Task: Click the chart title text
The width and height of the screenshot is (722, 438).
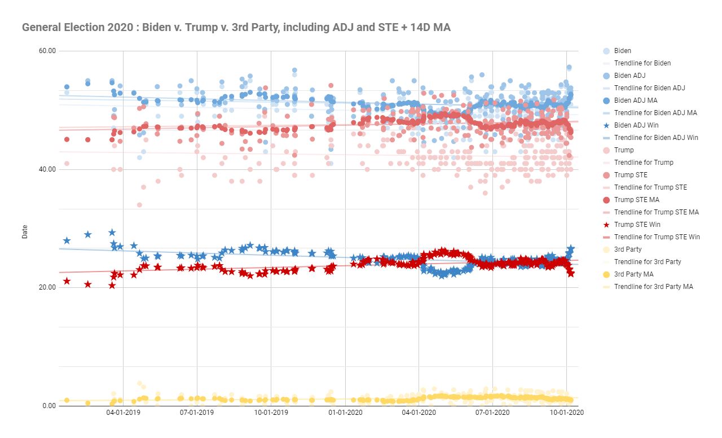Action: click(236, 27)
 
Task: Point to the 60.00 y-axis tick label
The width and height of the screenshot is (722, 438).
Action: click(47, 51)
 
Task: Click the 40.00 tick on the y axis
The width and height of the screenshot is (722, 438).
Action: click(47, 169)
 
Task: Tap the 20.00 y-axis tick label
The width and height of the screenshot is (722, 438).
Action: click(47, 287)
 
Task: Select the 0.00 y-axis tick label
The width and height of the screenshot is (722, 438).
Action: click(49, 406)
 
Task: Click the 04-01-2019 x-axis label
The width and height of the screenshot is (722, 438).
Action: click(123, 413)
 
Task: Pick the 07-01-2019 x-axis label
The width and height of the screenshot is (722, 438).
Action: click(197, 413)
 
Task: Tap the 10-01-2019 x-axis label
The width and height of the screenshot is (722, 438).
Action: click(271, 413)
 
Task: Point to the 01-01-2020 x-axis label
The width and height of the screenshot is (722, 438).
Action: click(345, 413)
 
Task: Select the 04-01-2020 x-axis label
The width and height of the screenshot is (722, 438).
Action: click(419, 413)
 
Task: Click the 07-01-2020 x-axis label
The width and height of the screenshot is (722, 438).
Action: click(493, 413)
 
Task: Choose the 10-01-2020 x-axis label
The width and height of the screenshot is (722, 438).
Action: click(567, 413)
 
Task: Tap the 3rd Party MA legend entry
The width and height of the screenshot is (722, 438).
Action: click(635, 274)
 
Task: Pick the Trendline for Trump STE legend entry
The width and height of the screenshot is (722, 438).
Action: click(650, 187)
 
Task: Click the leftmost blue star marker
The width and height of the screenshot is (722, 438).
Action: click(67, 240)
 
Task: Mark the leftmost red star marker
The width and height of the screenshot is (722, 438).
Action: click(67, 281)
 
